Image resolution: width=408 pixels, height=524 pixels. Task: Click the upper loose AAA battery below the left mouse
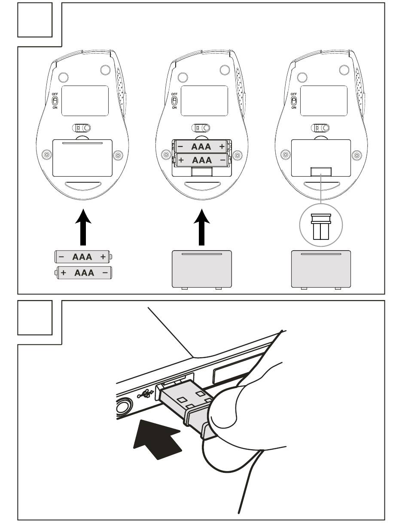[x=82, y=257]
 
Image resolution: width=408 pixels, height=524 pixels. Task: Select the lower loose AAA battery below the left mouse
[x=84, y=273]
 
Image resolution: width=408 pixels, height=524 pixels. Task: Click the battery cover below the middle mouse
[x=201, y=269]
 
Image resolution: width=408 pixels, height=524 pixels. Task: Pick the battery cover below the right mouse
[x=321, y=269]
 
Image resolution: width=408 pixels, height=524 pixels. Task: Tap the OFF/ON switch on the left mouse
[x=55, y=101]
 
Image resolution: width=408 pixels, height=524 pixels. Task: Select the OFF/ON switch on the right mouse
[x=294, y=101]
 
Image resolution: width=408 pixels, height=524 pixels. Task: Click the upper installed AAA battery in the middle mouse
[x=201, y=147]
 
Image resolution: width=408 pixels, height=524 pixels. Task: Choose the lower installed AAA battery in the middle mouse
[x=201, y=160]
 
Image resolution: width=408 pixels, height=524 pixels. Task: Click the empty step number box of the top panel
[x=35, y=19]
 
